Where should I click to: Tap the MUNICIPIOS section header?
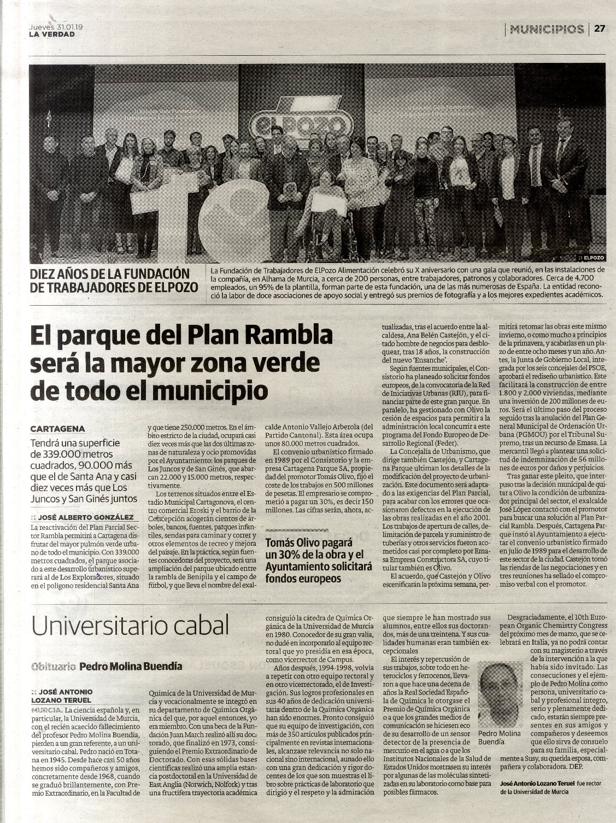click(546, 29)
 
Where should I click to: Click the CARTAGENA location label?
click(57, 429)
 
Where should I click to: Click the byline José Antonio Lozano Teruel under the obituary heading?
click(63, 696)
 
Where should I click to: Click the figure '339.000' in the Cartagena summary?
click(55, 454)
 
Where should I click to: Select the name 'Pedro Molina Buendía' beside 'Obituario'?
click(131, 666)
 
